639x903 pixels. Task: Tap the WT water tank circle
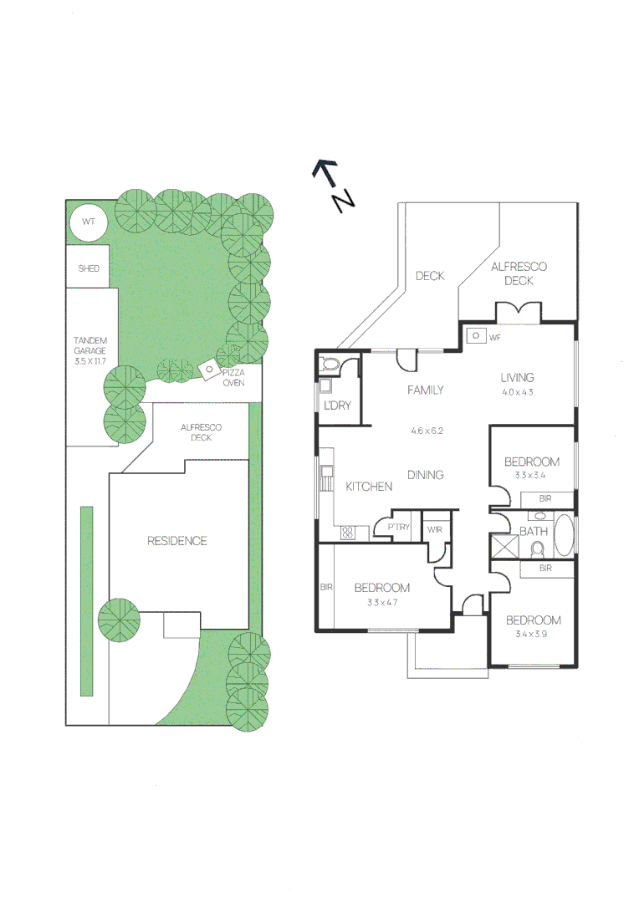tap(87, 223)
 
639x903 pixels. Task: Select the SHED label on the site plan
tap(89, 268)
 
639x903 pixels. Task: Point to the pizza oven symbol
tap(205, 368)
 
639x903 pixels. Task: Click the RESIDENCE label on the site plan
tap(176, 541)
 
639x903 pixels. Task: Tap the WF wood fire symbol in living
tap(476, 335)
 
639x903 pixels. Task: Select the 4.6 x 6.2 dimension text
tap(426, 431)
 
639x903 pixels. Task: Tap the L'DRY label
tap(336, 406)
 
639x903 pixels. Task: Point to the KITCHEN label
tap(369, 487)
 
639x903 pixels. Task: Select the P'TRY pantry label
tap(397, 527)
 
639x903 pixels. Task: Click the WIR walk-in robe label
tap(433, 528)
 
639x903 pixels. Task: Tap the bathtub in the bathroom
tap(565, 537)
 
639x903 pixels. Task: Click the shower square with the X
tap(504, 548)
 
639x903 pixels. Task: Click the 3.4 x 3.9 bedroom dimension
tap(532, 635)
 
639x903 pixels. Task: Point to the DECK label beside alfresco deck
tap(430, 276)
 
